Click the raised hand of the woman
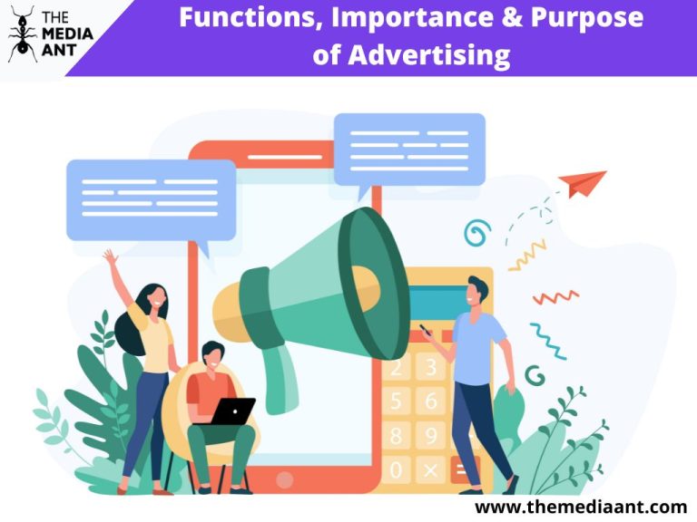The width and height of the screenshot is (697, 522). (x=110, y=257)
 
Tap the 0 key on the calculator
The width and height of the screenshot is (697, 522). (x=396, y=469)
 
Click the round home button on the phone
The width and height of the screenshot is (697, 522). (x=284, y=479)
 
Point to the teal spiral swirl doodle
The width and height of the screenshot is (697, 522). (x=476, y=233)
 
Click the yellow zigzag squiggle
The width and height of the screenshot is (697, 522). (x=527, y=256)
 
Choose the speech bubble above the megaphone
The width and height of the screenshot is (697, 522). (x=408, y=150)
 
